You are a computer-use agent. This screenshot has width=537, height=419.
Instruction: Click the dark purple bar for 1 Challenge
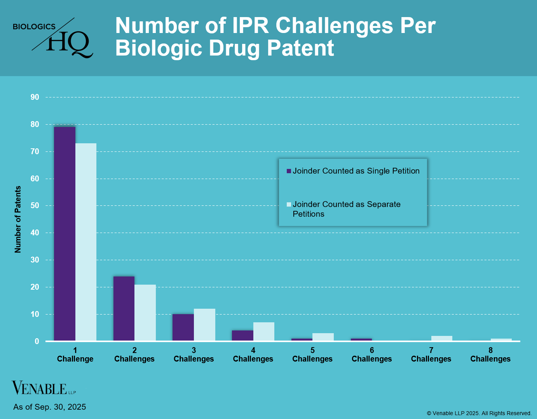tap(65, 234)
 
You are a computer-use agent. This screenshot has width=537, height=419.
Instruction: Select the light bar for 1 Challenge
tap(86, 242)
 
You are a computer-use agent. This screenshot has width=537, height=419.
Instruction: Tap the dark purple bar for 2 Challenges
tap(124, 309)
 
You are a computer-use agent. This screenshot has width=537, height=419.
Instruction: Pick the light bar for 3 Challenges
tap(204, 325)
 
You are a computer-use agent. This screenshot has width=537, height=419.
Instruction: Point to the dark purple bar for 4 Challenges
tap(242, 336)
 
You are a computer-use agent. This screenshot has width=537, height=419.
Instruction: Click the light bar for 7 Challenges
tap(442, 339)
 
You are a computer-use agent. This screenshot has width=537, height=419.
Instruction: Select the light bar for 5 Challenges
tap(323, 337)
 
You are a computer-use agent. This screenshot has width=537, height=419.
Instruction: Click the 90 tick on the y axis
tap(35, 97)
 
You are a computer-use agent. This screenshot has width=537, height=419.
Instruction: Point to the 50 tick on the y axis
tap(35, 206)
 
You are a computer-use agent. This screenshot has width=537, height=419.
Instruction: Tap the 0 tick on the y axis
tap(37, 341)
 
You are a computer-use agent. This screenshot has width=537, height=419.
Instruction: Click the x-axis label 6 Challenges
tap(372, 355)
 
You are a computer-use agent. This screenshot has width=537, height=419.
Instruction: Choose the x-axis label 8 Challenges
tap(490, 355)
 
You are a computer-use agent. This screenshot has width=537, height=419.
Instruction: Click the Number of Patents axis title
tap(18, 219)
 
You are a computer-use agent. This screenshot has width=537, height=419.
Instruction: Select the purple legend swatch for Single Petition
tap(289, 171)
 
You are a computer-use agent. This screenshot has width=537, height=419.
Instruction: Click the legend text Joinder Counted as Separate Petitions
tap(346, 209)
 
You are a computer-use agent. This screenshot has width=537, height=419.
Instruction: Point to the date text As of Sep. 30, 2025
tap(49, 407)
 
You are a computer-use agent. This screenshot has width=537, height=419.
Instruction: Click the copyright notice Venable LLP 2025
tap(479, 413)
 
